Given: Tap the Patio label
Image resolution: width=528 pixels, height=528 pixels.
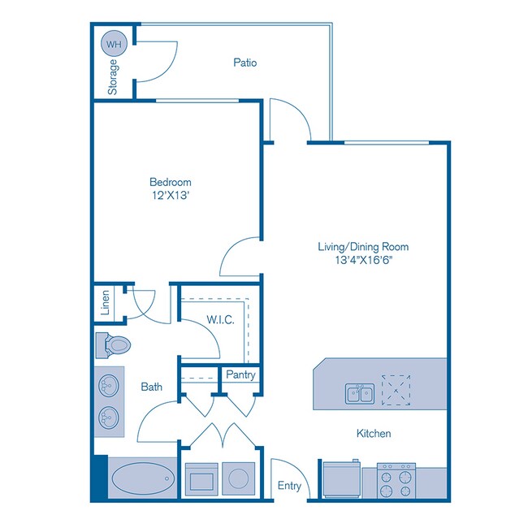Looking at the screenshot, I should tap(245, 63).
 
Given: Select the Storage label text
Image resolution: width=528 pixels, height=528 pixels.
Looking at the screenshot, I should tap(113, 77).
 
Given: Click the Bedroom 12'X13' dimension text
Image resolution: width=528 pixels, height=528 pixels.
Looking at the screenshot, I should tap(170, 196).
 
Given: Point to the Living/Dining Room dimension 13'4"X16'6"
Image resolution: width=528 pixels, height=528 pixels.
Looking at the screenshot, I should tap(362, 260).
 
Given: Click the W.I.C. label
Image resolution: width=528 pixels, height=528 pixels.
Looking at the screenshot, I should tap(220, 320).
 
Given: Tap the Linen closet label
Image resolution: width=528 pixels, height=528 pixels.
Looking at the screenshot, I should tap(106, 303).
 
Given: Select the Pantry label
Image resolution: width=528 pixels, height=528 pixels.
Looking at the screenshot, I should tap(241, 375).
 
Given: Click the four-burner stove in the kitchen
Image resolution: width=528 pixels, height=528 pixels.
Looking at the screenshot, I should tap(397, 483).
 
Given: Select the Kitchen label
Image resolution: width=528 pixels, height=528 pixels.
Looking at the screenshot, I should tap(374, 434).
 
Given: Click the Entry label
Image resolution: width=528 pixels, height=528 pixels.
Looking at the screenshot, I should tap(289, 487).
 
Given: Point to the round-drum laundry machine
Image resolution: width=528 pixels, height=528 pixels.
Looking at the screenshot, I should tap(239, 479).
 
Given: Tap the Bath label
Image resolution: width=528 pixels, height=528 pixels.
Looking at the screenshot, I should tap(150, 387).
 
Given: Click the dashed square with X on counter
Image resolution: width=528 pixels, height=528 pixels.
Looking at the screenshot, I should tap(397, 389).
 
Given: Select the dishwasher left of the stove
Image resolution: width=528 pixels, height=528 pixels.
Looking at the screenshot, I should tap(341, 479).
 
